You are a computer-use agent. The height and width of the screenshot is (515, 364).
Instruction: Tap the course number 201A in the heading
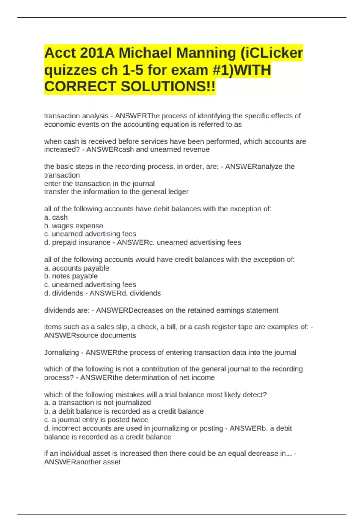(97, 53)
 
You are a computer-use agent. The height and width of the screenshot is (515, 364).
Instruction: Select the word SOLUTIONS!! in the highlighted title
(168, 87)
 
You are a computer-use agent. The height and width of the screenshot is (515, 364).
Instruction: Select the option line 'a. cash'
(56, 218)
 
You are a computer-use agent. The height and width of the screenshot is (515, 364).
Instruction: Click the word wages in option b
(63, 226)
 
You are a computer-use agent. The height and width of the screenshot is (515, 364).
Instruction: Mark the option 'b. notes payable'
(71, 276)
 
